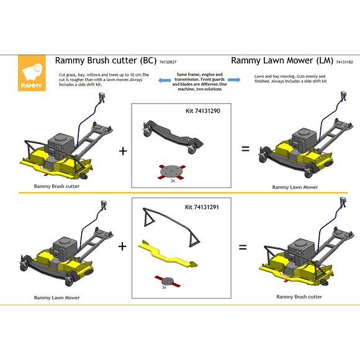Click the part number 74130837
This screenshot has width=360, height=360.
[x=168, y=63]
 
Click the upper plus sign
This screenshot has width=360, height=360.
[x=123, y=151]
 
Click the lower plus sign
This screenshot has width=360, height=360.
[x=122, y=246]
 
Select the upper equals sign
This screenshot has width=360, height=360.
[x=245, y=149]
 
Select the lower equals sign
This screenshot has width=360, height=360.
[x=243, y=246]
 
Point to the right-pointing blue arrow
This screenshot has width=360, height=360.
[x=234, y=79]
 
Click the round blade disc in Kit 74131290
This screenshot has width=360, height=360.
[x=171, y=171]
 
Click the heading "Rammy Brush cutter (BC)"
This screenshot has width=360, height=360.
[x=106, y=61]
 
